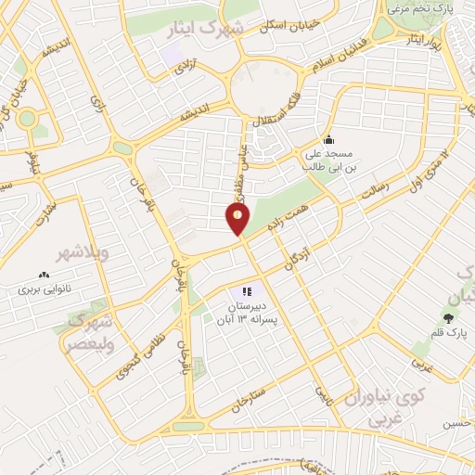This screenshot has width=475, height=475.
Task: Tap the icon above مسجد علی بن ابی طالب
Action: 327,140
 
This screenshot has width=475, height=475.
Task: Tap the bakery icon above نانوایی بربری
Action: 43,275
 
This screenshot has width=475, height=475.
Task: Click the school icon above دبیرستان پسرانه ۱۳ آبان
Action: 249,291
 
